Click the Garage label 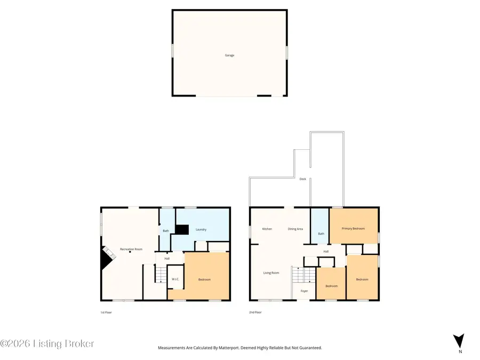229,55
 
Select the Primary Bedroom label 353,228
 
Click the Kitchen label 267,229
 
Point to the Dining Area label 295,229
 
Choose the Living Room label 271,273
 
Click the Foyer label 305,291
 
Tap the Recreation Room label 131,249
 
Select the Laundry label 201,229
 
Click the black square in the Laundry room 182,229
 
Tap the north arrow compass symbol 458,341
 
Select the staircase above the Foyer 305,275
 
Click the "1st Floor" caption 106,312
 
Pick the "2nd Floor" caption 255,312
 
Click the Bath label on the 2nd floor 321,234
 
